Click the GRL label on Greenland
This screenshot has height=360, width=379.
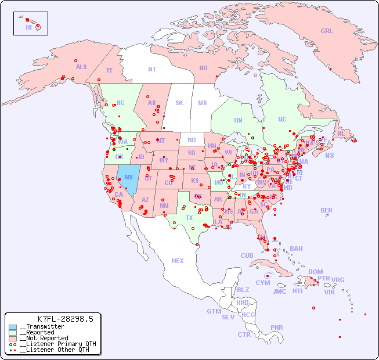tap(327, 31)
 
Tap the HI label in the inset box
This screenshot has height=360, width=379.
tap(28, 27)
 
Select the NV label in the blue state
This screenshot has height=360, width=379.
tap(129, 177)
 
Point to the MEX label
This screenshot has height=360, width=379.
tap(178, 261)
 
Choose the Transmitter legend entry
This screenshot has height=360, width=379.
tap(42, 327)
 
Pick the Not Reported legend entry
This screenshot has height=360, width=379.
tap(44, 338)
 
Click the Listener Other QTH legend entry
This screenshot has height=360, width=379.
tap(55, 350)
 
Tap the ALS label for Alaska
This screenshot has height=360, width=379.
tap(81, 67)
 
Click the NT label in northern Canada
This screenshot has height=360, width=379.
tap(152, 69)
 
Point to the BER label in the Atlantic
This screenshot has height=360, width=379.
tap(326, 210)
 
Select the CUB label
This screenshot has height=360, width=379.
tap(247, 255)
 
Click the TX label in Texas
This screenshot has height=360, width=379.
tap(189, 218)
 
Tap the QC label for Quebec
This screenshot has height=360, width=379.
tap(282, 120)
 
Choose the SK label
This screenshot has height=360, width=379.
tap(179, 103)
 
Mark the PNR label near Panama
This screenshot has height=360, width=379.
tap(277, 327)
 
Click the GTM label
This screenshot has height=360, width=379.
tap(214, 311)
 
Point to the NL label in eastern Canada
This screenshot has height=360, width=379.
tap(341, 134)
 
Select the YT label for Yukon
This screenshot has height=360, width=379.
tap(109, 70)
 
